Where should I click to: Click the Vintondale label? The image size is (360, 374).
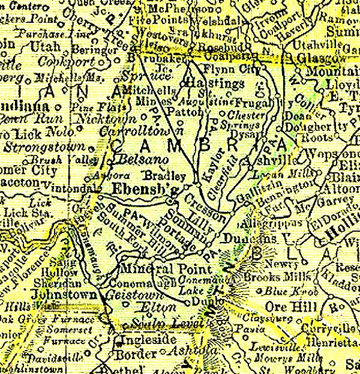tap(76, 188)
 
